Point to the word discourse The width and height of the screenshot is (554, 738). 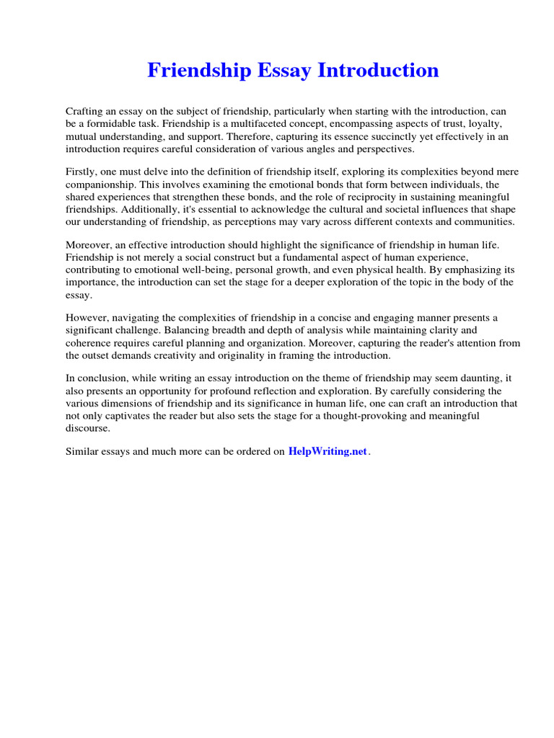click(x=88, y=427)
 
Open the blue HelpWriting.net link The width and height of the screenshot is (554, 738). click(x=327, y=452)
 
